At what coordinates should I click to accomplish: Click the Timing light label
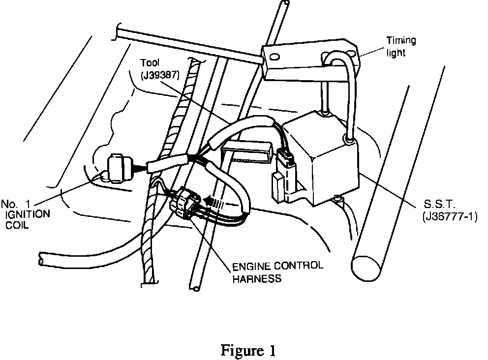(400, 46)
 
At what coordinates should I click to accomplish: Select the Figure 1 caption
(248, 351)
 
